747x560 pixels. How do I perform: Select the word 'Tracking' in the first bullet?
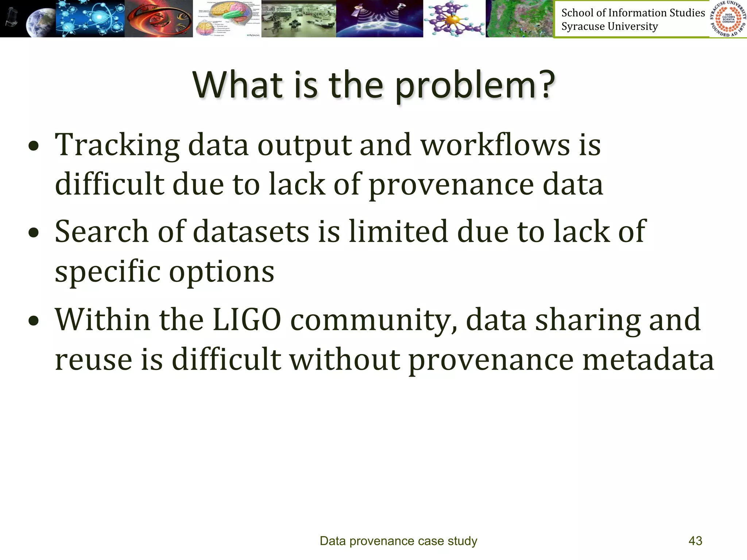pos(117,145)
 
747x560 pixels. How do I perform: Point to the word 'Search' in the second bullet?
pos(101,232)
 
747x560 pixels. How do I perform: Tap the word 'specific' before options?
pos(108,272)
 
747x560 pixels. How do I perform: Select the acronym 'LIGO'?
pos(247,320)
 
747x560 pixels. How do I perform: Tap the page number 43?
pos(695,541)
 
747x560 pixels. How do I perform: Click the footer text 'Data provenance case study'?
pos(398,541)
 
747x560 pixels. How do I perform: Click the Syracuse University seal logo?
pos(728,19)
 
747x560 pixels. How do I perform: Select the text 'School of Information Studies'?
pos(633,13)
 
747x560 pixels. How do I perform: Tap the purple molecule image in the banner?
pos(454,18)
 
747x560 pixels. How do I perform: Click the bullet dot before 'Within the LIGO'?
pos(34,321)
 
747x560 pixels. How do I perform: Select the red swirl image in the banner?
pos(159,18)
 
